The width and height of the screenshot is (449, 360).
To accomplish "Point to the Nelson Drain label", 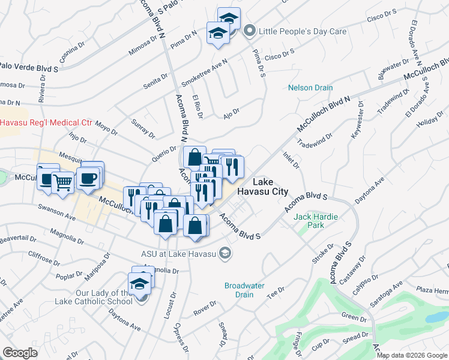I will [x=310, y=88].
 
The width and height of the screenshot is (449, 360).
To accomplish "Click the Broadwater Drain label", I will [x=244, y=290].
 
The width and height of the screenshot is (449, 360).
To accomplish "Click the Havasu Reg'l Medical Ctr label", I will [x=46, y=122].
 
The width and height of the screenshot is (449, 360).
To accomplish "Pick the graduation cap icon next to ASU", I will [x=225, y=253].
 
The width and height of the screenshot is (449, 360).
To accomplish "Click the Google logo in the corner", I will [x=20, y=353].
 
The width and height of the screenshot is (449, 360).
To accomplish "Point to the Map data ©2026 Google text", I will [x=412, y=355].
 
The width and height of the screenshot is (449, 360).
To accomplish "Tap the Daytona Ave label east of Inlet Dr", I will [x=371, y=190].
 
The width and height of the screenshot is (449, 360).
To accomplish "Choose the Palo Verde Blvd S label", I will [x=28, y=67].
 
